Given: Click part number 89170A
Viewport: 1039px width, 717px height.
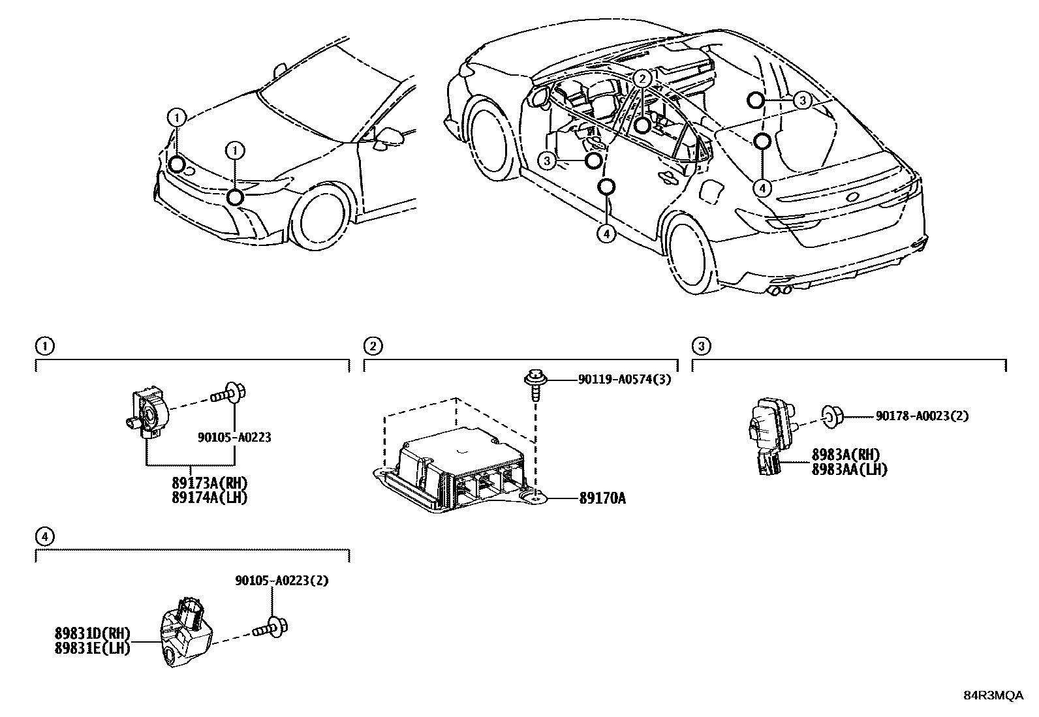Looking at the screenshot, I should (602, 499).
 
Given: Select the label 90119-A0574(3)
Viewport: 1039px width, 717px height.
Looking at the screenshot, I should (624, 379).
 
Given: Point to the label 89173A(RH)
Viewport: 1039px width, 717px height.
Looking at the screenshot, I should (210, 483).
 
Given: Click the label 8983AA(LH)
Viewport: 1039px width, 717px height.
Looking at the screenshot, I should (849, 468).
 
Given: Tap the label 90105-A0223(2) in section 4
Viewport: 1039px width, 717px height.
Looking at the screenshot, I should (282, 581).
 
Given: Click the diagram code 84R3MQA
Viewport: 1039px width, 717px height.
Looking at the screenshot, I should (993, 695).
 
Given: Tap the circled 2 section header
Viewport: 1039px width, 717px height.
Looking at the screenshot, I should (372, 346).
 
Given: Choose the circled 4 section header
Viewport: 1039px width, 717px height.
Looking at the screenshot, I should (44, 536).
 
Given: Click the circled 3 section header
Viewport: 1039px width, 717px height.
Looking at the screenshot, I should (700, 346).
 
